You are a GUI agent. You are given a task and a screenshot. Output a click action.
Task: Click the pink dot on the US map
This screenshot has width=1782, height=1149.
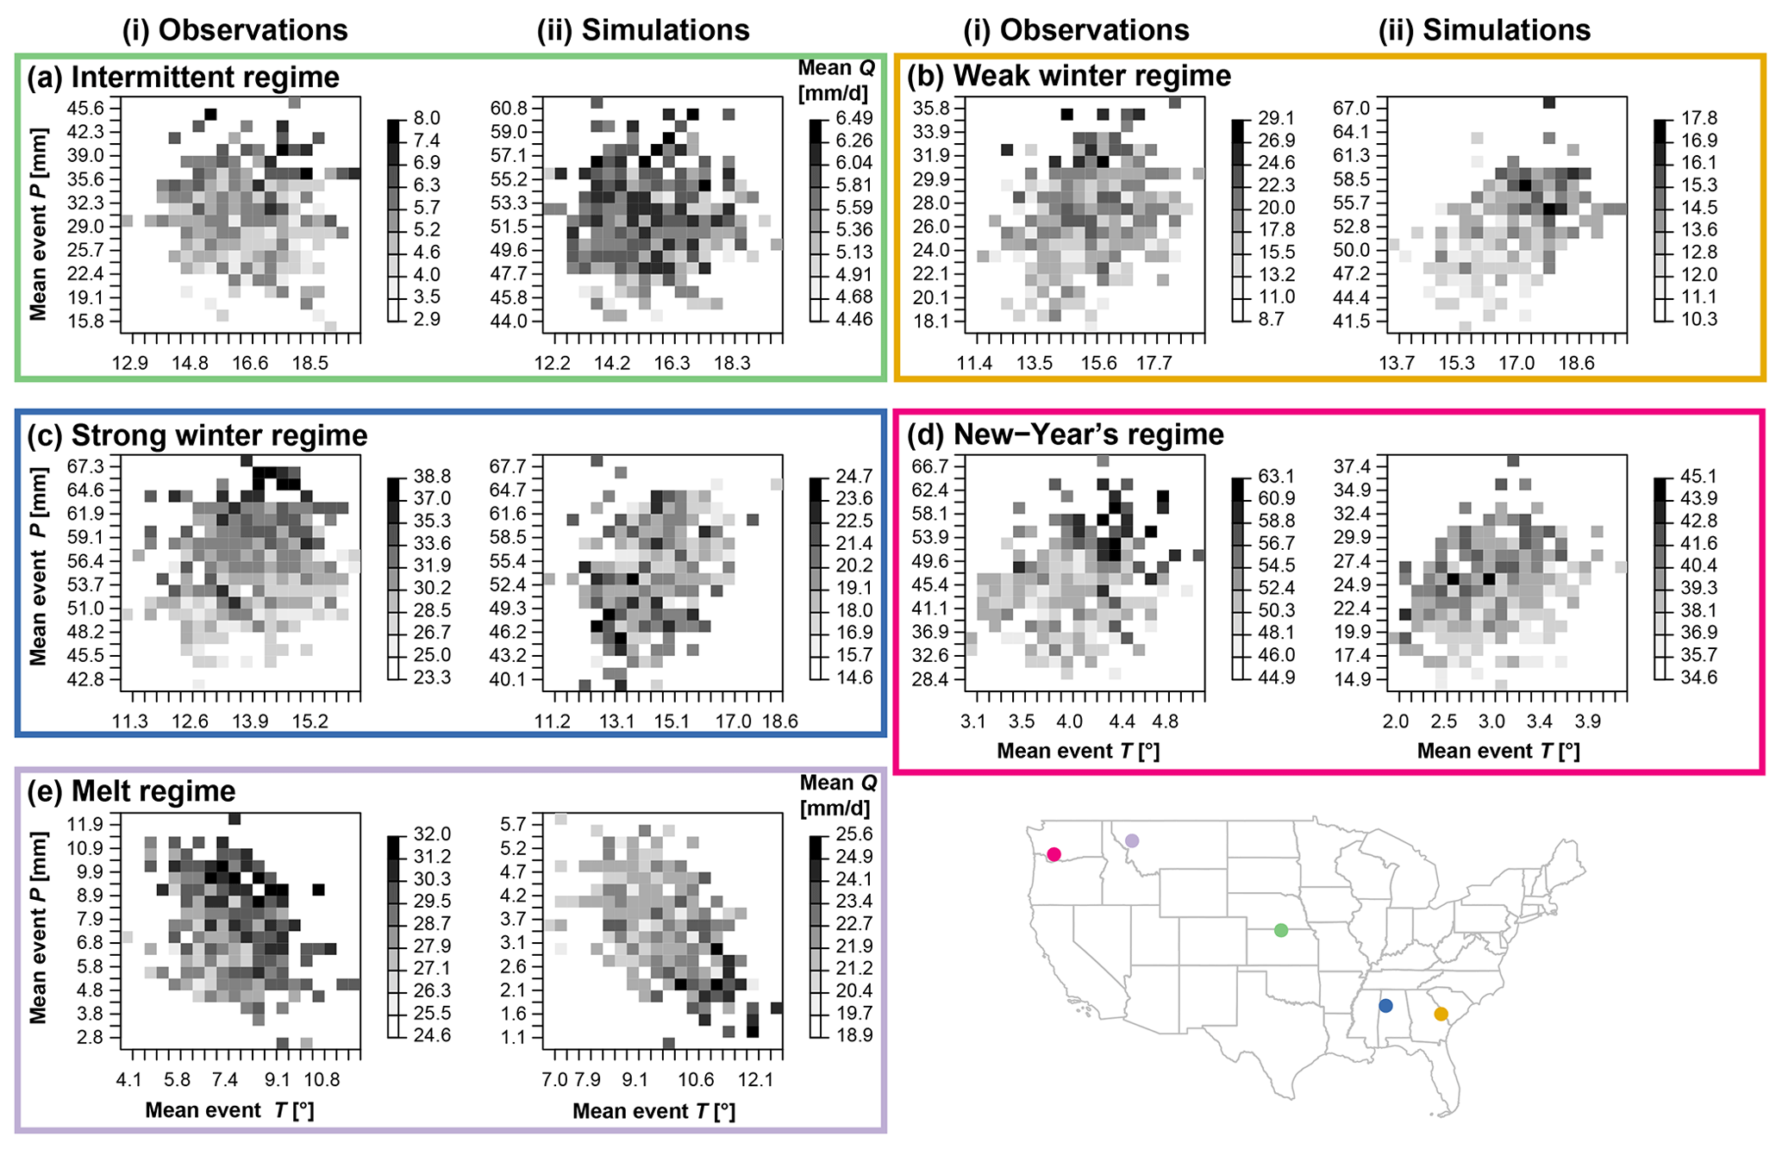point(1054,854)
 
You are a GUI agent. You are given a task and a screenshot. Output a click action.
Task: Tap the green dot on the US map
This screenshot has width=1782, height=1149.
point(1281,930)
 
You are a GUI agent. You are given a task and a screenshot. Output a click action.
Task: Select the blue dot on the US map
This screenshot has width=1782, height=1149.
point(1385,1005)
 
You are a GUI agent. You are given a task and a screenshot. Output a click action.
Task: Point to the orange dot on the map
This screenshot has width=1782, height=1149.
point(1441,1014)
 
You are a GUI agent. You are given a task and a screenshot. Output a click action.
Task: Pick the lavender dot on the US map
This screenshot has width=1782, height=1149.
point(1132,840)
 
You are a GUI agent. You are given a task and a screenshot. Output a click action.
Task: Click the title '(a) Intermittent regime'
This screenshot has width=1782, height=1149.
point(183,78)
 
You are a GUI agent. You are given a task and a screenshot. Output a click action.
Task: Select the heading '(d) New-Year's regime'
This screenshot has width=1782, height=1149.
point(1065,434)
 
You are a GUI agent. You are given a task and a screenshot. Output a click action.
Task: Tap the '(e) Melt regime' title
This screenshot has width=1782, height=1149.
point(131,791)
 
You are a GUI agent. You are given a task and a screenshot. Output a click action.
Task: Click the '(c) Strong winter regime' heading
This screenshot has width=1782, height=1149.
point(197,435)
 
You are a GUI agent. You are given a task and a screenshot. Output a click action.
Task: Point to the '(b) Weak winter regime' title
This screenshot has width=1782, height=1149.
point(1069,76)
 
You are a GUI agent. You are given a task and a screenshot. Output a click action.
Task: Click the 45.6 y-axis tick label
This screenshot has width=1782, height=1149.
point(84,109)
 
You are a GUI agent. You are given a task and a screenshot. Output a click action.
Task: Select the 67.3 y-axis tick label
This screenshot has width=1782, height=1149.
point(84,466)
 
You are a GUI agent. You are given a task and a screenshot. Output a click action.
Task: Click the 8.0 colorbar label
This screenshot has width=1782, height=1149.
point(426,118)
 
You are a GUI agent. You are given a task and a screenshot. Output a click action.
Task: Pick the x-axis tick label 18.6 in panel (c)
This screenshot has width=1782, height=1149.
point(779,721)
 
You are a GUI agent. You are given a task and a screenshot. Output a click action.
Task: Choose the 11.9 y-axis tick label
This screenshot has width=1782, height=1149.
point(84,823)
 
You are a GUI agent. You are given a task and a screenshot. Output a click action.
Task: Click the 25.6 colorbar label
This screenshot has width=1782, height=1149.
point(853,834)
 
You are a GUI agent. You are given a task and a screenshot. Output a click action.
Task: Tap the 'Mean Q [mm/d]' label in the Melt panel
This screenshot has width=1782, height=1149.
point(837,795)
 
